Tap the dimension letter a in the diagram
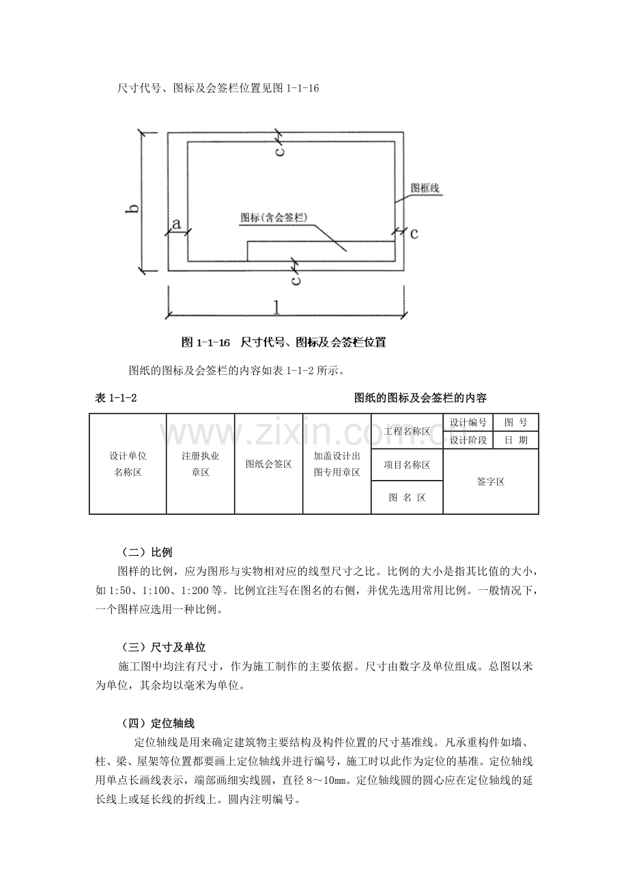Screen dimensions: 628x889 [x=176, y=223]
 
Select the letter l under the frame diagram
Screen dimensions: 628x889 [x=277, y=307]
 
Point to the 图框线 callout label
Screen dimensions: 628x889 [x=425, y=188]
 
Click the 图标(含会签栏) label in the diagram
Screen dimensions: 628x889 [x=274, y=218]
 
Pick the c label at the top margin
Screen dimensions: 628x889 [x=280, y=151]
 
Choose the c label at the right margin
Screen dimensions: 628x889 [x=414, y=234]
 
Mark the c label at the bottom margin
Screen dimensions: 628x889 [x=296, y=280]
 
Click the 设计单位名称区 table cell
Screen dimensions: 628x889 [x=128, y=464]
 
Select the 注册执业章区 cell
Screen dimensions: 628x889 [x=200, y=464]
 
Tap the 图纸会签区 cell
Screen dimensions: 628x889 [x=268, y=464]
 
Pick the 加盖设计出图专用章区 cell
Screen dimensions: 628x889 [x=337, y=464]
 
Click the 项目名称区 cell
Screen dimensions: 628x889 [x=407, y=465]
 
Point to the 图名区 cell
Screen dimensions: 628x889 [x=407, y=497]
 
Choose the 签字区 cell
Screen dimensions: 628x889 [x=491, y=481]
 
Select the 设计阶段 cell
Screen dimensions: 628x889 [x=468, y=440]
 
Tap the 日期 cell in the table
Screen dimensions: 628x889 [x=516, y=440]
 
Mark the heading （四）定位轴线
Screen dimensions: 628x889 [x=158, y=724]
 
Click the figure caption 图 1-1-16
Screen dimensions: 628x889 [x=205, y=342]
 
